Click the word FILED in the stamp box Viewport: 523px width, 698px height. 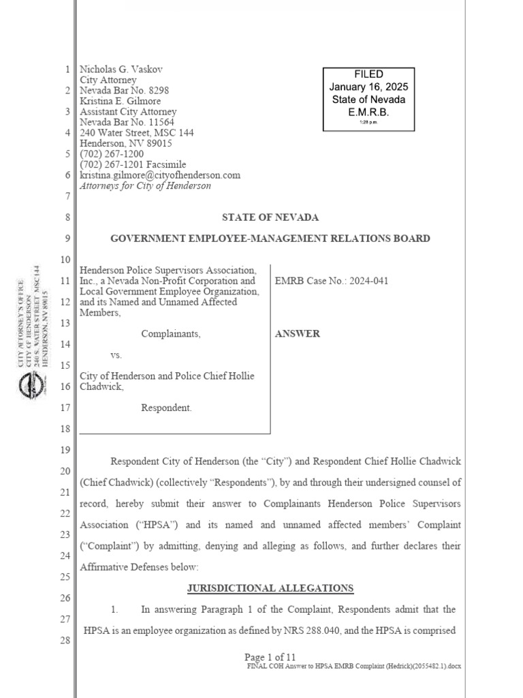pyautogui.click(x=368, y=74)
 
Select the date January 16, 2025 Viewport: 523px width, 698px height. pyautogui.click(x=368, y=87)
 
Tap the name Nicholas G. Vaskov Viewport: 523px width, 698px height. pyautogui.click(x=121, y=70)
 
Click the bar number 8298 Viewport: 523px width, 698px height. pyautogui.click(x=157, y=91)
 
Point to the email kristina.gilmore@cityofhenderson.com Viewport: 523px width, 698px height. pyautogui.click(x=160, y=175)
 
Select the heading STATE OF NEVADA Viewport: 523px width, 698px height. pyautogui.click(x=270, y=217)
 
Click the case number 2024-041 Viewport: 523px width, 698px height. pyautogui.click(x=365, y=281)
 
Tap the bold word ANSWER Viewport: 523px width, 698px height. pyautogui.click(x=297, y=334)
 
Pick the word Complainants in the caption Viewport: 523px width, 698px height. pyautogui.click(x=170, y=334)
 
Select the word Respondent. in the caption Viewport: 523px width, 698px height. pyautogui.click(x=166, y=408)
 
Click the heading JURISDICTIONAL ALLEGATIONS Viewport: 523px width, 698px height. pyautogui.click(x=270, y=588)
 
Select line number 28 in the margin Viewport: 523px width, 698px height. pyautogui.click(x=65, y=641)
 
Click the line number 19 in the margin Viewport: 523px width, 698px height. pyautogui.click(x=65, y=450)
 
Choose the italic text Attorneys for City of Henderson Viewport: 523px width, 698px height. pyautogui.click(x=145, y=185)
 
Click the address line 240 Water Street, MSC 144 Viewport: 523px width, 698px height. pyautogui.click(x=136, y=133)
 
